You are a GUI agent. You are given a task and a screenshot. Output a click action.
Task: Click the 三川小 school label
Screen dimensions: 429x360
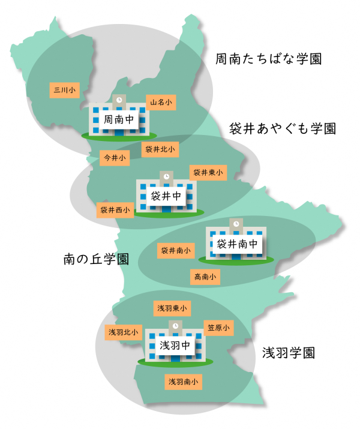coord(64,90)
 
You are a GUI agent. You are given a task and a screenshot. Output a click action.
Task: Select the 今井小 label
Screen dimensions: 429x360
coord(115,158)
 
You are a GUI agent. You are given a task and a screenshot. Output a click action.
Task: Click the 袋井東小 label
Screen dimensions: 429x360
coord(208,173)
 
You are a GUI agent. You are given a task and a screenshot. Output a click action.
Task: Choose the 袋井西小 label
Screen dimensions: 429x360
coord(115,210)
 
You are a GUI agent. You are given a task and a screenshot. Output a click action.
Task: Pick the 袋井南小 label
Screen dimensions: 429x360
coord(176,250)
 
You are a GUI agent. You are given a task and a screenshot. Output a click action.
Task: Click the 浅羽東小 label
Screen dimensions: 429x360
coord(172,308)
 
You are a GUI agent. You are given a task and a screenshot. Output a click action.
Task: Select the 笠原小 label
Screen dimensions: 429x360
coord(218,328)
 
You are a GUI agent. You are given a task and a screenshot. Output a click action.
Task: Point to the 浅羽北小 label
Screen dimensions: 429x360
coord(123,332)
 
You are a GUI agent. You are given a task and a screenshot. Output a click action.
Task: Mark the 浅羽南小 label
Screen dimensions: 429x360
coord(184,381)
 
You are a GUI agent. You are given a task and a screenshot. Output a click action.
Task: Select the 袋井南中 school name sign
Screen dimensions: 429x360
coord(237,244)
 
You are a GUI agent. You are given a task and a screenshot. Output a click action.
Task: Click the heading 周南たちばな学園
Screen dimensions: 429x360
coord(269,59)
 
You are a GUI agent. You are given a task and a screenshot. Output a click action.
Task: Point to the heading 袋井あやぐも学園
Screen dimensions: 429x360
coord(282,128)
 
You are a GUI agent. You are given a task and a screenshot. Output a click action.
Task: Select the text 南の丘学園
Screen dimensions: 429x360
coord(96,259)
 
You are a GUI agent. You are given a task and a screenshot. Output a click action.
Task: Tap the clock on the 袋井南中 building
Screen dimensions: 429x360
coord(236,223)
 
